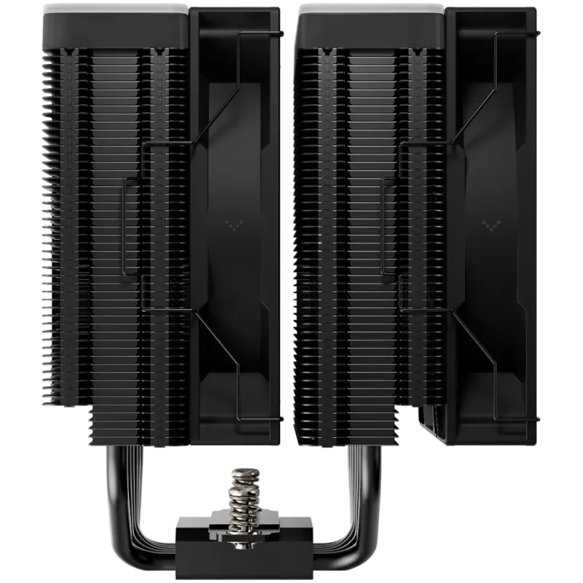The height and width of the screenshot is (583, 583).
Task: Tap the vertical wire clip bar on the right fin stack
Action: pos(384,226)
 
